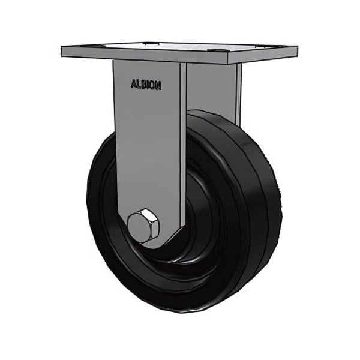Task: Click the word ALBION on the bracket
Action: pyautogui.click(x=146, y=85)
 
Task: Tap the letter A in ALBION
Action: pyautogui.click(x=133, y=85)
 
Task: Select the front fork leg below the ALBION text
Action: pyautogui.click(x=146, y=150)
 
